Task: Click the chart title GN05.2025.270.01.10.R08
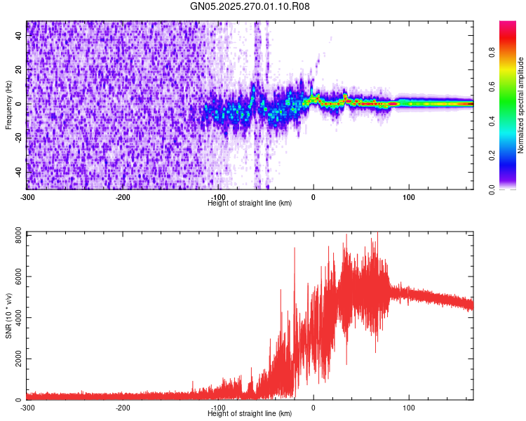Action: pyautogui.click(x=250, y=6)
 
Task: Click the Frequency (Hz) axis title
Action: pyautogui.click(x=8, y=105)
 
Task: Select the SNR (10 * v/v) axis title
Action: pyautogui.click(x=8, y=316)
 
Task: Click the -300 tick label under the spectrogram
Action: pyautogui.click(x=27, y=196)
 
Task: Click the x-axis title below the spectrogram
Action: pyautogui.click(x=250, y=203)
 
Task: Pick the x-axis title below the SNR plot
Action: pyautogui.click(x=250, y=413)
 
